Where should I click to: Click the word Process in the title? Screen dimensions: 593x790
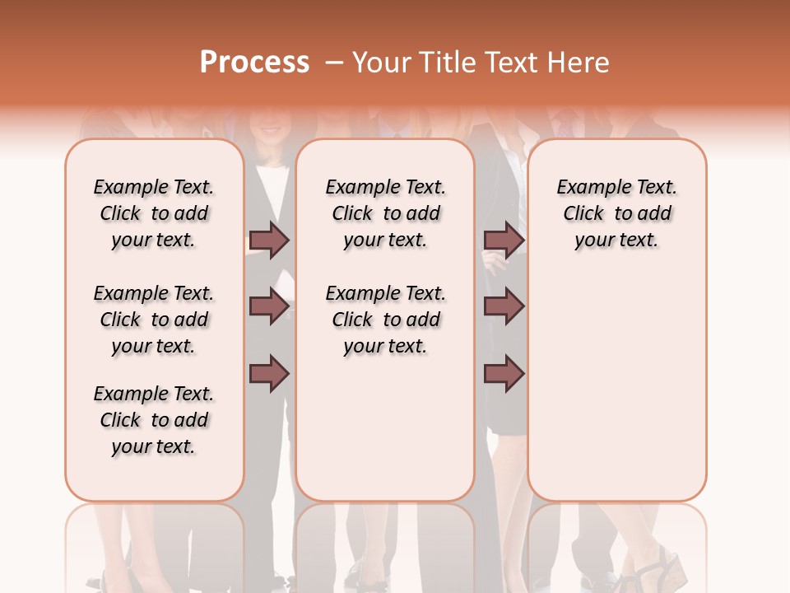point(254,63)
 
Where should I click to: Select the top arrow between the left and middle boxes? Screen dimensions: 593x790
point(269,240)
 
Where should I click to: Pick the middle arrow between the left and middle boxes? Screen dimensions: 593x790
point(269,306)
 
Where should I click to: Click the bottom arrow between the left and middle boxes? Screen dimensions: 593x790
point(269,373)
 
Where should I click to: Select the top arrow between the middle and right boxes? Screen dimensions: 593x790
point(504,240)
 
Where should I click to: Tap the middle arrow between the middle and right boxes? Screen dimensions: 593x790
point(504,306)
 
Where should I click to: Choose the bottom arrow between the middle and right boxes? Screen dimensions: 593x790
point(504,373)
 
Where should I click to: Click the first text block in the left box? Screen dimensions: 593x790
point(154,213)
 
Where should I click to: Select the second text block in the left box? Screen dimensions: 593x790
point(154,320)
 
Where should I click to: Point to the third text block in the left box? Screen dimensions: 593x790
point(154,420)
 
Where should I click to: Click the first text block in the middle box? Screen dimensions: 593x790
point(386,213)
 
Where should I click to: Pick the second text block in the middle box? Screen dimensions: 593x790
point(386,320)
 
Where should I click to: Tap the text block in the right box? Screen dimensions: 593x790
point(617,213)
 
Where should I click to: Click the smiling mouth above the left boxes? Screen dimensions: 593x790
point(269,129)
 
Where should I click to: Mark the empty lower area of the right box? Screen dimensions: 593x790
point(617,379)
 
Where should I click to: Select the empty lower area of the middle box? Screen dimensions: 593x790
point(386,428)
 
